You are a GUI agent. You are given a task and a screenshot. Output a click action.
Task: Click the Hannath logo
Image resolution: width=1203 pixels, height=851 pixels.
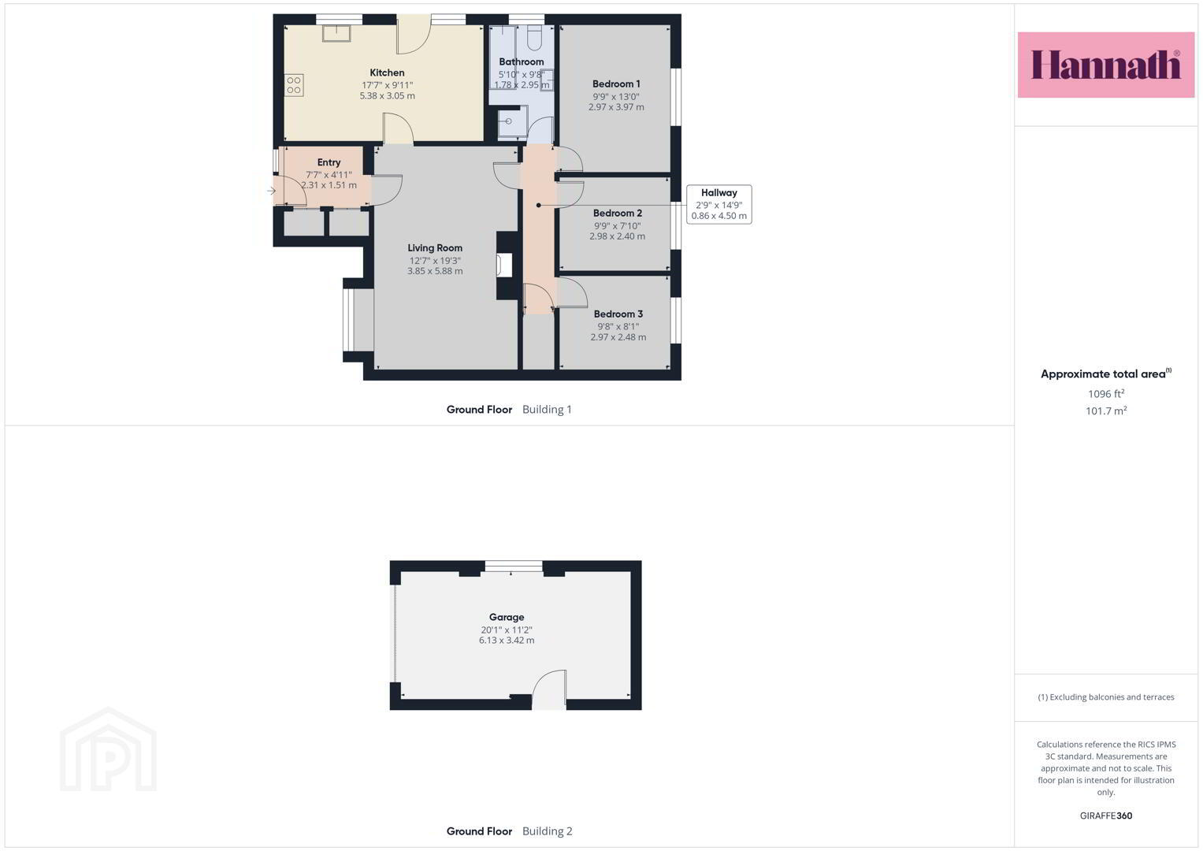click(x=1106, y=65)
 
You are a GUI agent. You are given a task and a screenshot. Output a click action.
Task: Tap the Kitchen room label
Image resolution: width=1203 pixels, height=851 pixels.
click(x=387, y=72)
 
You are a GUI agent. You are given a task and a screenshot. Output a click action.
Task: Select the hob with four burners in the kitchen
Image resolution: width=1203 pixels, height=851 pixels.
click(x=294, y=85)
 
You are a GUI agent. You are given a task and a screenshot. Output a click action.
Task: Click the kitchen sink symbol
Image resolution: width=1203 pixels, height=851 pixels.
click(x=336, y=33)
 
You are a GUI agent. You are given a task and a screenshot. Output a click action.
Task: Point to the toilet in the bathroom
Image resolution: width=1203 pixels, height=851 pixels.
click(x=534, y=38)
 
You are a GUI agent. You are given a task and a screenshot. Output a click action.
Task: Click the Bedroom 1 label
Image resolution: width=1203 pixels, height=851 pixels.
click(x=616, y=84)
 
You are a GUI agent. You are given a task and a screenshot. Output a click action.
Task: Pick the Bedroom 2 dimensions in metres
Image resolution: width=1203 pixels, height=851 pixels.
click(x=617, y=236)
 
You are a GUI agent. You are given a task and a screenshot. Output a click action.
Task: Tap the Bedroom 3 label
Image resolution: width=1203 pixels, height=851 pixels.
click(x=618, y=314)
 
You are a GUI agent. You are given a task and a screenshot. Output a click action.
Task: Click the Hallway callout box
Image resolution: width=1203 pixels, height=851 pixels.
click(x=718, y=204)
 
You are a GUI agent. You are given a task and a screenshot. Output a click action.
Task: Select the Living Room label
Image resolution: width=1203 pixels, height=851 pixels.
click(x=434, y=247)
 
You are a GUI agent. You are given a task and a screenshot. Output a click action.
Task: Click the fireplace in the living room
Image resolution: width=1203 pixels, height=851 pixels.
click(x=504, y=266)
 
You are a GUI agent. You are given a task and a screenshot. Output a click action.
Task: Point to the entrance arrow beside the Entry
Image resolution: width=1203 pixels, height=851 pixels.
click(x=271, y=191)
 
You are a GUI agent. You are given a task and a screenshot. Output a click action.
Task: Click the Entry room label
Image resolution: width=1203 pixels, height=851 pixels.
click(x=329, y=162)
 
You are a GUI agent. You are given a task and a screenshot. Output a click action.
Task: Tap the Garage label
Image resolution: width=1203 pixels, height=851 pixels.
click(x=507, y=617)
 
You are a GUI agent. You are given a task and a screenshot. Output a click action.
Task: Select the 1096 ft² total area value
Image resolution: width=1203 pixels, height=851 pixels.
click(x=1106, y=394)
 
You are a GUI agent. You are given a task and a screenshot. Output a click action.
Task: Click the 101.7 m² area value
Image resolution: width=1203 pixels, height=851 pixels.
click(x=1106, y=411)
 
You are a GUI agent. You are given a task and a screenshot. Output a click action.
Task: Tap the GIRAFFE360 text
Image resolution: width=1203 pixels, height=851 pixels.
click(x=1106, y=816)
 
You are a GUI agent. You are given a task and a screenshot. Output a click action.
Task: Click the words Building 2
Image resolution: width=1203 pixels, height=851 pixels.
click(x=548, y=831)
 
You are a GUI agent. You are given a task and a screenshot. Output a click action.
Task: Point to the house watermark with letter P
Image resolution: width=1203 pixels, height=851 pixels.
click(x=108, y=749)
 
